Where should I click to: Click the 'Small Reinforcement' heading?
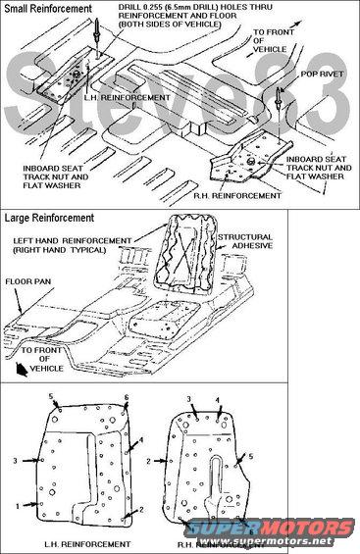coord(48,9)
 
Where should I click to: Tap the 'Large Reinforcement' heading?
coord(49,218)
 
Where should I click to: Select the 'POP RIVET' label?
coord(322,75)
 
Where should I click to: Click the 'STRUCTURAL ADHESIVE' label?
coord(245,241)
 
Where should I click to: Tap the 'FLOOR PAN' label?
coord(28,281)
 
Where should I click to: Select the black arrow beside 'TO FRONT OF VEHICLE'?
coord(22,370)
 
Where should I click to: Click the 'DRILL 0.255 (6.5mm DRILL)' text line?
coord(195,7)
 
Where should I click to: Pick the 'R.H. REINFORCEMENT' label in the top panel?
coord(237,195)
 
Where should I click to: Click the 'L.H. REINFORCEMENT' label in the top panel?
coord(127,97)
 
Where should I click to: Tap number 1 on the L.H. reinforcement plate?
coord(18,506)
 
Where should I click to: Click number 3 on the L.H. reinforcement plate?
coord(15,461)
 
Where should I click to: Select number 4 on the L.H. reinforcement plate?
coord(141,440)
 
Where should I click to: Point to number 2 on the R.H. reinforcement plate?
coord(149,461)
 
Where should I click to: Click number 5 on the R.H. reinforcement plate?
coord(251,457)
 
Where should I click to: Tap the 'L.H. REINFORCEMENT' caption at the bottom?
coord(87,544)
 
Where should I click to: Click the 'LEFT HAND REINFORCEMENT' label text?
coord(73,241)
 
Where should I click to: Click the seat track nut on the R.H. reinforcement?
coord(251,162)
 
